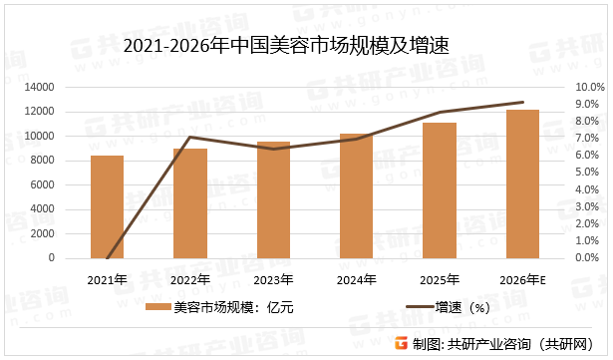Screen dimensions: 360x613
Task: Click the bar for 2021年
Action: pos(107,206)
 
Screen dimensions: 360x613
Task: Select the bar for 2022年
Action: pos(189,203)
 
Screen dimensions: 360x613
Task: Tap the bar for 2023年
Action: pos(273,199)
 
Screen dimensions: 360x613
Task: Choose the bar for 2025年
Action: pos(439,190)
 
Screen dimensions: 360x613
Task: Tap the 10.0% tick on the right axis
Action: pos(590,88)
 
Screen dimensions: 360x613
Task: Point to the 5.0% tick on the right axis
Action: pos(588,173)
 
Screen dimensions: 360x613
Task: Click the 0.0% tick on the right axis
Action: pos(588,257)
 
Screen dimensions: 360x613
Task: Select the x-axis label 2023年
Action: pos(272,278)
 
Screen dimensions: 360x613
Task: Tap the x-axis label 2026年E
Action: pos(523,278)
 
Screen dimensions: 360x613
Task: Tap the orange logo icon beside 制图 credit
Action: pos(400,344)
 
